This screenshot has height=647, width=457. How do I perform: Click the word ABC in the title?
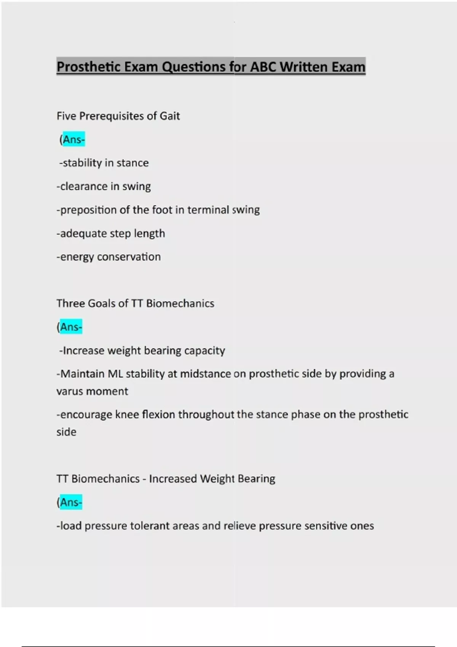click(263, 67)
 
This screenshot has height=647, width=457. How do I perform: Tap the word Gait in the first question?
click(169, 116)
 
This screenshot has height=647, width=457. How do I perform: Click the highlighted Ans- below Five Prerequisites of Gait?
click(74, 140)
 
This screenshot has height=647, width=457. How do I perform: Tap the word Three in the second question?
click(71, 303)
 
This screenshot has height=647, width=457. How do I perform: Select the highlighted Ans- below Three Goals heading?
click(71, 327)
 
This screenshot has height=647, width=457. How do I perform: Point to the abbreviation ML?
click(115, 374)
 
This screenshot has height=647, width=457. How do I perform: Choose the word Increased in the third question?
click(173, 479)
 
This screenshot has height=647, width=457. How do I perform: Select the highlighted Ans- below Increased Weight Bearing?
click(71, 502)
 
